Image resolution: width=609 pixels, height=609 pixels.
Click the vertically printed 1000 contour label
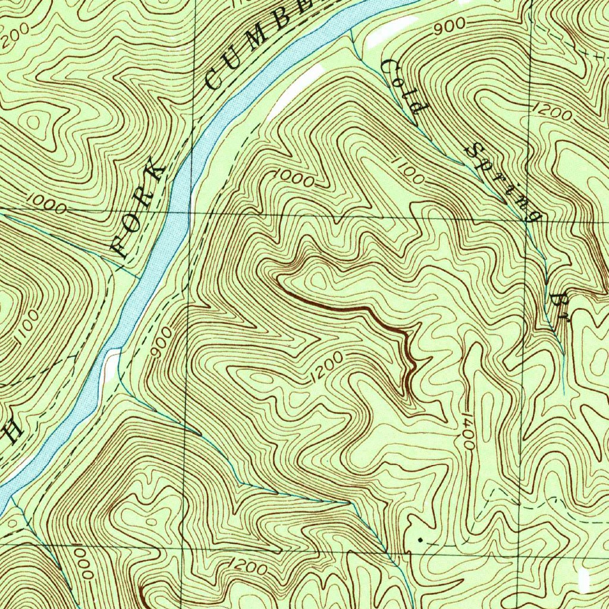[x=83, y=564]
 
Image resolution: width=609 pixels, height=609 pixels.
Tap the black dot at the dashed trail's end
[x=420, y=539]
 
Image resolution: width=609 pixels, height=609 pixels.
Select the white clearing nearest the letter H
[x=111, y=365]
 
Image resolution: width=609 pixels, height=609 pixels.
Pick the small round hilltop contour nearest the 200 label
[x=33, y=121]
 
